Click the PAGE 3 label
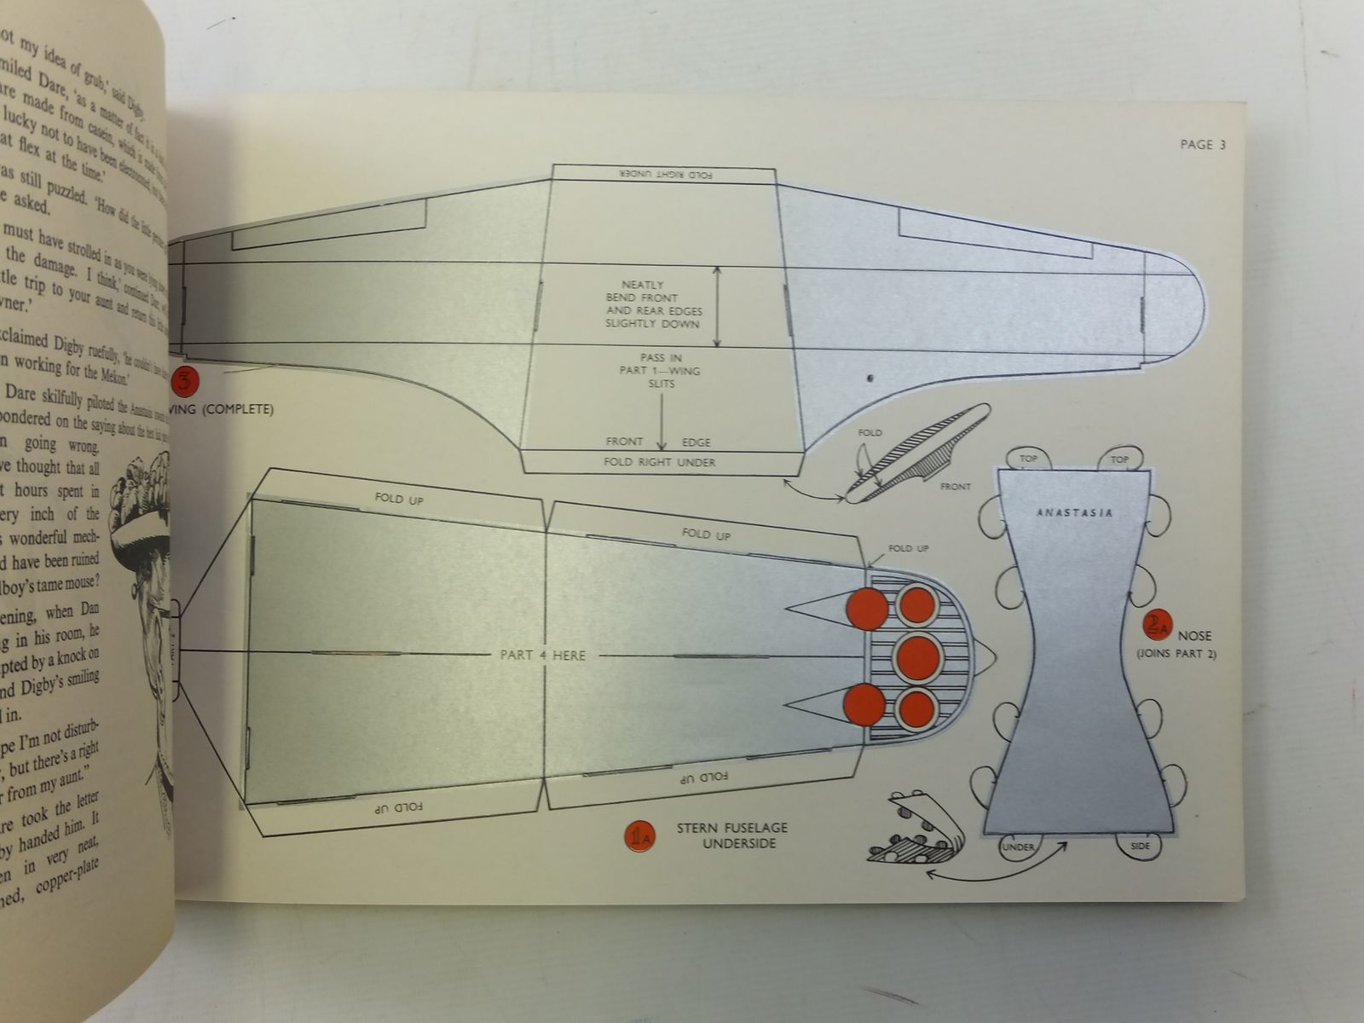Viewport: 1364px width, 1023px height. (x=1202, y=145)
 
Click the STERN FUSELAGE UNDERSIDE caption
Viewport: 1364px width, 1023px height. (x=731, y=835)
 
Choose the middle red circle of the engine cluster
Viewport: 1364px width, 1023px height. (x=918, y=656)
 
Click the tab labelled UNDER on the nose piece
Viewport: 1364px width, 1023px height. (x=1019, y=847)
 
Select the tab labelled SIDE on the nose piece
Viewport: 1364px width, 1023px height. (x=1140, y=847)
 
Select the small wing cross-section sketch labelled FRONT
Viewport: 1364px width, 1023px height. (x=916, y=456)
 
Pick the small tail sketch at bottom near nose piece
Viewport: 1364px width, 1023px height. (x=912, y=827)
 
